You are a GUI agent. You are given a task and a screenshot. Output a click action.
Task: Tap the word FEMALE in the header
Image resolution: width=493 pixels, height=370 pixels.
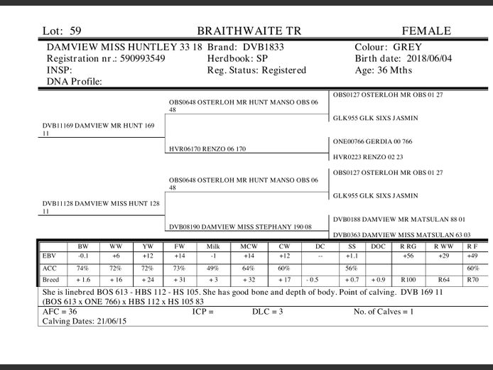click(x=426, y=31)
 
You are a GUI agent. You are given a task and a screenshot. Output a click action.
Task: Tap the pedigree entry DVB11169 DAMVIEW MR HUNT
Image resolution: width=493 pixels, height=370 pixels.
click(x=99, y=126)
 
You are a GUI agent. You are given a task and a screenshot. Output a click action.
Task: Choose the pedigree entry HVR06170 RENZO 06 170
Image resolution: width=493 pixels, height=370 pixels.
click(x=207, y=150)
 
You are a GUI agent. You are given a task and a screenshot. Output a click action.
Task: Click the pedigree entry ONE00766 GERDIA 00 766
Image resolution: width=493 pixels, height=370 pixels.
click(x=372, y=141)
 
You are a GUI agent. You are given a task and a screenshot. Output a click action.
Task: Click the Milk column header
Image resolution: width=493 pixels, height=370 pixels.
click(x=212, y=246)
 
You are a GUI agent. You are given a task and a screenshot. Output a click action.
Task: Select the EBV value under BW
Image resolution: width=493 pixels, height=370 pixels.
click(x=82, y=256)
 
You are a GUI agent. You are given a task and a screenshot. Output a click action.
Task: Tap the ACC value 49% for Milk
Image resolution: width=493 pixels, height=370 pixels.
click(x=212, y=268)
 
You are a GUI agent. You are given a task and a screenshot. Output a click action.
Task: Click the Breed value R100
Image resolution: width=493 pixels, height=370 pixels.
click(x=408, y=280)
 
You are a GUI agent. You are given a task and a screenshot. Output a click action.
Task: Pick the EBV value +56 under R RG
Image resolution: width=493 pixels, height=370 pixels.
click(x=408, y=256)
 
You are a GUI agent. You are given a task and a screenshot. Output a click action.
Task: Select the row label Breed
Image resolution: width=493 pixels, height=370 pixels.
click(x=51, y=280)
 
